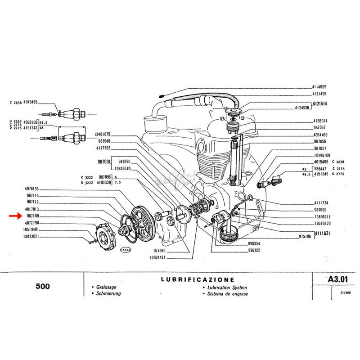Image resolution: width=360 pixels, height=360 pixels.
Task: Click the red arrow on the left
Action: click(x=15, y=216)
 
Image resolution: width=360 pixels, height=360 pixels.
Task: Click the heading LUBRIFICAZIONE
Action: click(x=198, y=279)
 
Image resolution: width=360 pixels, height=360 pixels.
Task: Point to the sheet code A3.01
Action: click(x=338, y=279)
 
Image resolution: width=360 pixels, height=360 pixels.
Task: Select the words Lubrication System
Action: click(x=225, y=287)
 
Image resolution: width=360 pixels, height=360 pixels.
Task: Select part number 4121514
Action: click(x=320, y=103)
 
